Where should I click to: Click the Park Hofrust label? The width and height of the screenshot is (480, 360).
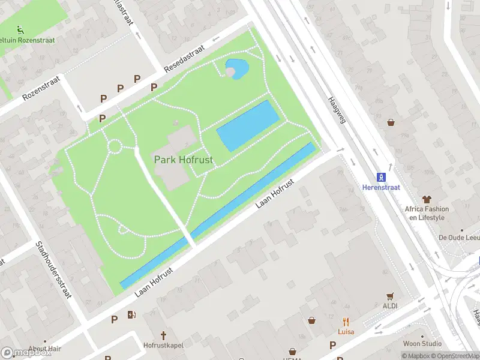point(184,160)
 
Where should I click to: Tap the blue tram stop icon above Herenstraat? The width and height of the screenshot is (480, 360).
point(381,177)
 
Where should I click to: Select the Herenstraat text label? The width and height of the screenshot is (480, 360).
point(381,187)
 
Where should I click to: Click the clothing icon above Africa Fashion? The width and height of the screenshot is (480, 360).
point(427,199)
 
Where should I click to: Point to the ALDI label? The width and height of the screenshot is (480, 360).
point(391,306)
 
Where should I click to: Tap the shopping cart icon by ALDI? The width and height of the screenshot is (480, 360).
point(391,296)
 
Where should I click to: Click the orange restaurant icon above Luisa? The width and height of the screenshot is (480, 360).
point(346,322)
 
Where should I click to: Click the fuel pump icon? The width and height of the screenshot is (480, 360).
point(131,314)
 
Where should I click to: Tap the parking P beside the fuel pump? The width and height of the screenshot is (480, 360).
point(114,319)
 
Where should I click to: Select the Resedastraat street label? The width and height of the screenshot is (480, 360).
point(185,58)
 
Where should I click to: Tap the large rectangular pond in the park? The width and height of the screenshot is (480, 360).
point(247,126)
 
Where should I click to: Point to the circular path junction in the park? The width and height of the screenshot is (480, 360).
point(114,146)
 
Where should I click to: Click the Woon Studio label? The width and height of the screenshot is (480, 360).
point(422,344)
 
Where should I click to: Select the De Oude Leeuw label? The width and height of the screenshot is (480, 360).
point(459,238)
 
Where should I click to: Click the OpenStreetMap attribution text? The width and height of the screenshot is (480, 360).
point(455,356)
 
